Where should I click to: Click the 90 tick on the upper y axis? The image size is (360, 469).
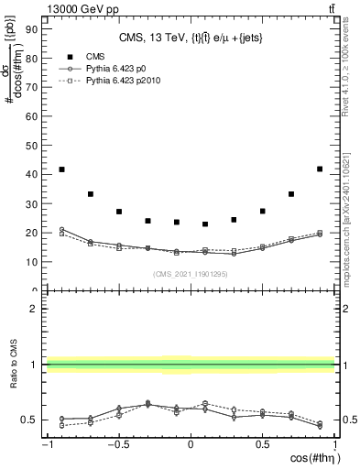[33, 27]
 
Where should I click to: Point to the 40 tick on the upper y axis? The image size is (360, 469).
[33, 173]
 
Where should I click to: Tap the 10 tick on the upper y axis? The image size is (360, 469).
[33, 261]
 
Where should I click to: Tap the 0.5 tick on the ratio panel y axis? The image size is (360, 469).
[31, 420]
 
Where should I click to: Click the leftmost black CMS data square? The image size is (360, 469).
[61, 169]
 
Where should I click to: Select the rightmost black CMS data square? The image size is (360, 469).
[319, 169]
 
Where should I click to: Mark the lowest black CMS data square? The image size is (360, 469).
[205, 224]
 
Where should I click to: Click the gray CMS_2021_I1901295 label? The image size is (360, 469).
[191, 273]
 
